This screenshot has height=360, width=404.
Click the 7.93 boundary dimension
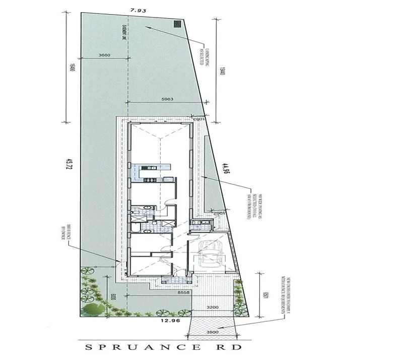[x=134, y=10]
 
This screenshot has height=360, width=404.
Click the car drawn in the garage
[x=209, y=254]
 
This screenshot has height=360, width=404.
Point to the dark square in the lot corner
[x=177, y=23]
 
